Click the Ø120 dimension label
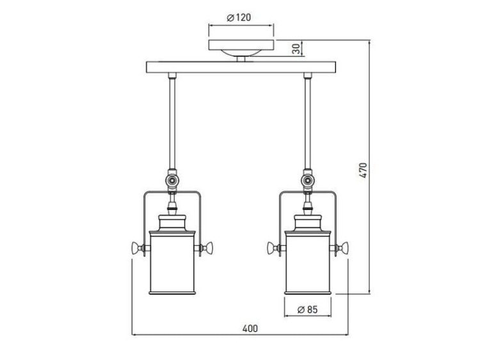[239, 18]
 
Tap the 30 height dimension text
[296, 49]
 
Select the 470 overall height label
[363, 170]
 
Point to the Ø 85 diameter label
[307, 310]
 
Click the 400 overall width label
[250, 329]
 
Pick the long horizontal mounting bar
[241, 67]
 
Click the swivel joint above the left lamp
[172, 181]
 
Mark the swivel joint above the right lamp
[308, 181]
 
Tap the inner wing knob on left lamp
[208, 248]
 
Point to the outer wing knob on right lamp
[344, 248]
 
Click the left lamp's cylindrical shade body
[172, 263]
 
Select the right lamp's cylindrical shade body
[308, 263]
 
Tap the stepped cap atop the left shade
[172, 223]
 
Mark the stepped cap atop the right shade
[308, 223]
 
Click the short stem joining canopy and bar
[241, 59]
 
